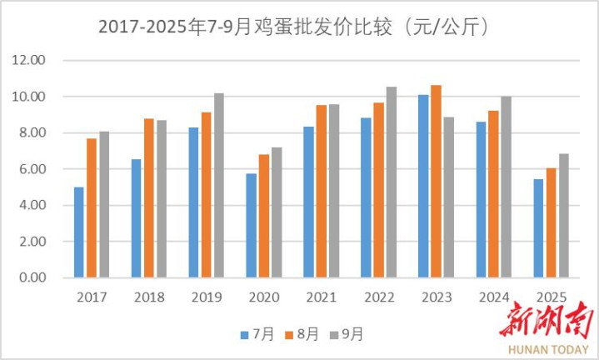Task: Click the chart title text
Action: (293, 27)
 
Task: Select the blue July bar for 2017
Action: (79, 232)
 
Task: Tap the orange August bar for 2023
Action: (436, 181)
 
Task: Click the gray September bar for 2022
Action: (391, 182)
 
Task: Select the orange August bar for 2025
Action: (551, 222)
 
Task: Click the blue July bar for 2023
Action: (423, 186)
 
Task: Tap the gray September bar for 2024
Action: (506, 187)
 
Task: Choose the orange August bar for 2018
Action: (149, 197)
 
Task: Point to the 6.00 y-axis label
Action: (30, 169)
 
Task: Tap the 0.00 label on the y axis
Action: (30, 277)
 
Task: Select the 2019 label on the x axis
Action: (206, 297)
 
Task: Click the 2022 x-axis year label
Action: (378, 297)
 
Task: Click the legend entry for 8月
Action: (302, 334)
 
